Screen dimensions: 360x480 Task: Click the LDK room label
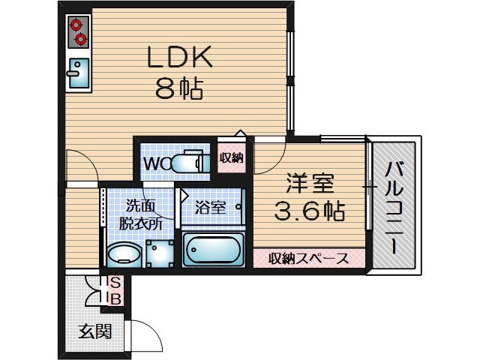[181, 57]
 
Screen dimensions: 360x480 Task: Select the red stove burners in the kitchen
[77, 32]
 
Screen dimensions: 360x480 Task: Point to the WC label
[157, 162]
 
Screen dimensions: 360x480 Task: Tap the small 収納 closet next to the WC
[232, 157]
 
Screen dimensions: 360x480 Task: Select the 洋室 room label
[308, 182]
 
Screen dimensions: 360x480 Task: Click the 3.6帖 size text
[308, 211]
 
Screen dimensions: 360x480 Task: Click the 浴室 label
[211, 208]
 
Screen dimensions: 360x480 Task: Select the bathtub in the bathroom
[214, 249]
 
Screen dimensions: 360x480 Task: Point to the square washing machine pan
[160, 253]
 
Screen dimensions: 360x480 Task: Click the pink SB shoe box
[115, 289]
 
